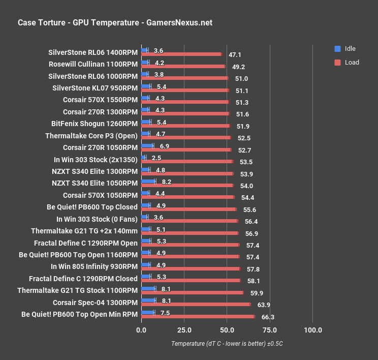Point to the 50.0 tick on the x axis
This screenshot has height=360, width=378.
click(x=227, y=330)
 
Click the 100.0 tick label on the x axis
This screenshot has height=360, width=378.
click(x=312, y=330)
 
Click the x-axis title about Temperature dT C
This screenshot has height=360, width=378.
click(x=227, y=344)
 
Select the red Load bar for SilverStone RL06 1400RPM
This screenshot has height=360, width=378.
click(x=181, y=54)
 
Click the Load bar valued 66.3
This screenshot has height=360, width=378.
click(x=198, y=316)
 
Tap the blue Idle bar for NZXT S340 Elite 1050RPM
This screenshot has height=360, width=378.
click(x=148, y=181)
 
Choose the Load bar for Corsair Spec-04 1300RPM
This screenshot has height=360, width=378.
click(x=196, y=305)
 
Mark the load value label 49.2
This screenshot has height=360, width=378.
click(x=238, y=67)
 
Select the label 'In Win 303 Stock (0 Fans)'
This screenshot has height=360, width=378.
click(x=97, y=219)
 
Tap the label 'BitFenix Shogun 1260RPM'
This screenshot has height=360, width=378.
click(x=94, y=124)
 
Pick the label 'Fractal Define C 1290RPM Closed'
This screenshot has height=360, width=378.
click(x=83, y=279)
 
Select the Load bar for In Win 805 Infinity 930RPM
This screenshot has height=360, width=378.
click(x=191, y=268)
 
